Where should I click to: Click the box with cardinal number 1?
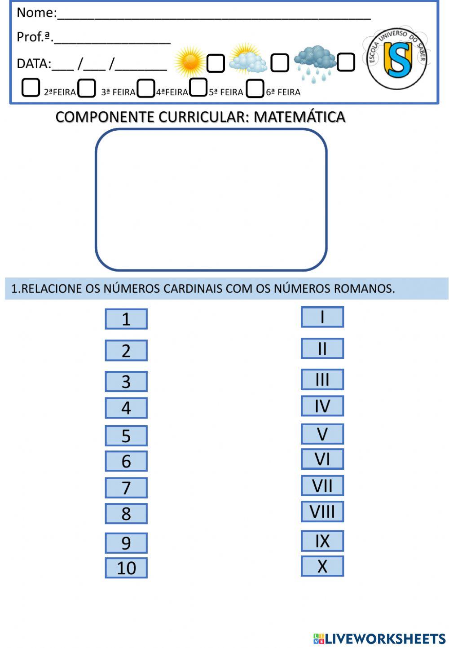[x=126, y=319]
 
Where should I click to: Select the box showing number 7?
[x=126, y=488]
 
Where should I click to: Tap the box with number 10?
[x=126, y=568]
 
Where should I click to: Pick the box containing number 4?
[x=126, y=408]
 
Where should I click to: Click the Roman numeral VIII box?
[x=322, y=511]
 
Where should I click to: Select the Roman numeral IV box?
[x=322, y=406]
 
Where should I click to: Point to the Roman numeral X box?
[x=322, y=566]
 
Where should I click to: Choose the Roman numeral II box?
[x=322, y=348]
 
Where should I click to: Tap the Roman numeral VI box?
[x=322, y=459]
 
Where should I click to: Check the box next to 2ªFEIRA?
[x=31, y=88]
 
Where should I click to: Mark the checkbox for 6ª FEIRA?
[x=255, y=88]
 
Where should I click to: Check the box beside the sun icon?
[x=216, y=63]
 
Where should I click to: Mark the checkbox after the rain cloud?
[x=346, y=62]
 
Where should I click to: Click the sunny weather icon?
[x=189, y=62]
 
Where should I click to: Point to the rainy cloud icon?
[x=315, y=62]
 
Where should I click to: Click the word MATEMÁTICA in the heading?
[x=299, y=117]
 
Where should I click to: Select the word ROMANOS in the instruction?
[x=364, y=288]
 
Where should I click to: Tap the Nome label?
[x=36, y=13]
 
